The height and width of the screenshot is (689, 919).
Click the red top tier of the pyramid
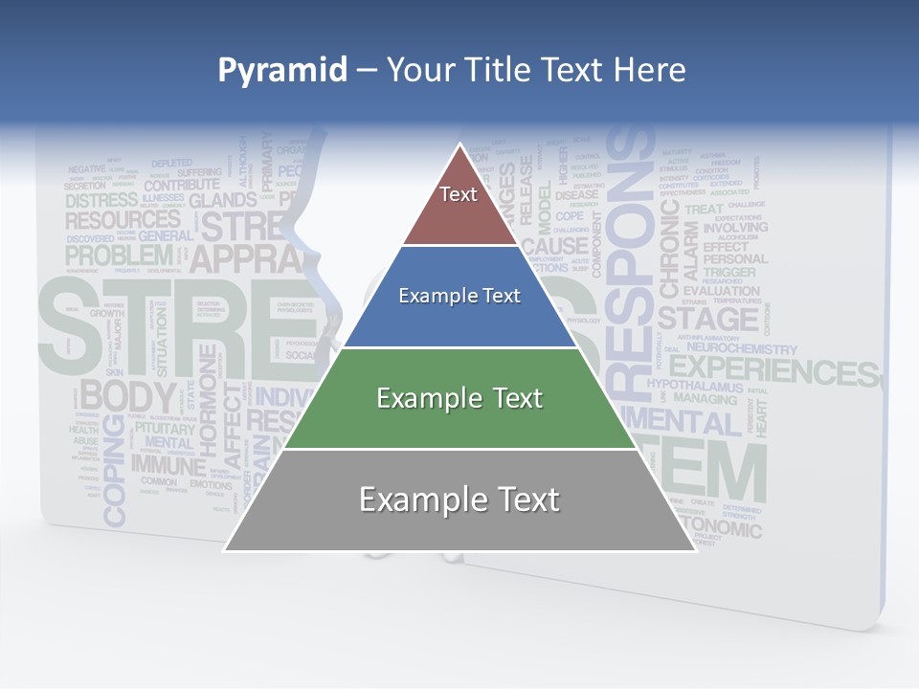point(459,206)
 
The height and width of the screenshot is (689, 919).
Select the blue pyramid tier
point(459,297)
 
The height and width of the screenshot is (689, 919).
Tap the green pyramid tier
point(459,398)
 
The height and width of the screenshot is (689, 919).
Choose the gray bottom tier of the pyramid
point(459,500)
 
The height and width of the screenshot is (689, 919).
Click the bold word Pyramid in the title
point(281,70)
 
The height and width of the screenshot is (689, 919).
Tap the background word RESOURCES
point(122,220)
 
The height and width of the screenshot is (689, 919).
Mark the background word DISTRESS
point(101,201)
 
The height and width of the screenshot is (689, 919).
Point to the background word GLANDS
point(222,200)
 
